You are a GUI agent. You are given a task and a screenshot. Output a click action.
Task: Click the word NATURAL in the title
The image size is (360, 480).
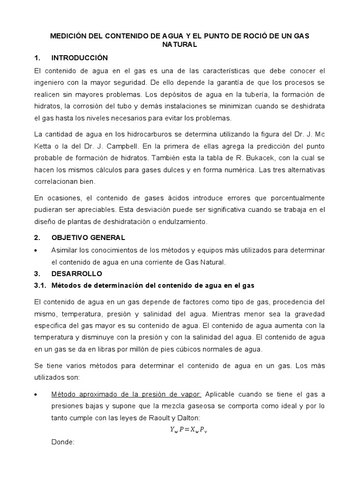click(180, 45)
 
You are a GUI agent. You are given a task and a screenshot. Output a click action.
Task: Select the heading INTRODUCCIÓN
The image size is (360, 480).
click(79, 58)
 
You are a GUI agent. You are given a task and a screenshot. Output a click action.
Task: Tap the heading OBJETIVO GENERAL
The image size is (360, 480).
click(88, 238)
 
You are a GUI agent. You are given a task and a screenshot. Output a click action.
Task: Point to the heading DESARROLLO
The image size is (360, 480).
click(76, 273)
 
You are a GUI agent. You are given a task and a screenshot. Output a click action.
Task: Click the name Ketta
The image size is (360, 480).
click(43, 146)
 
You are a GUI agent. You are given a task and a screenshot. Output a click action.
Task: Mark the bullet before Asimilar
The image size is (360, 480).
click(37, 251)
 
